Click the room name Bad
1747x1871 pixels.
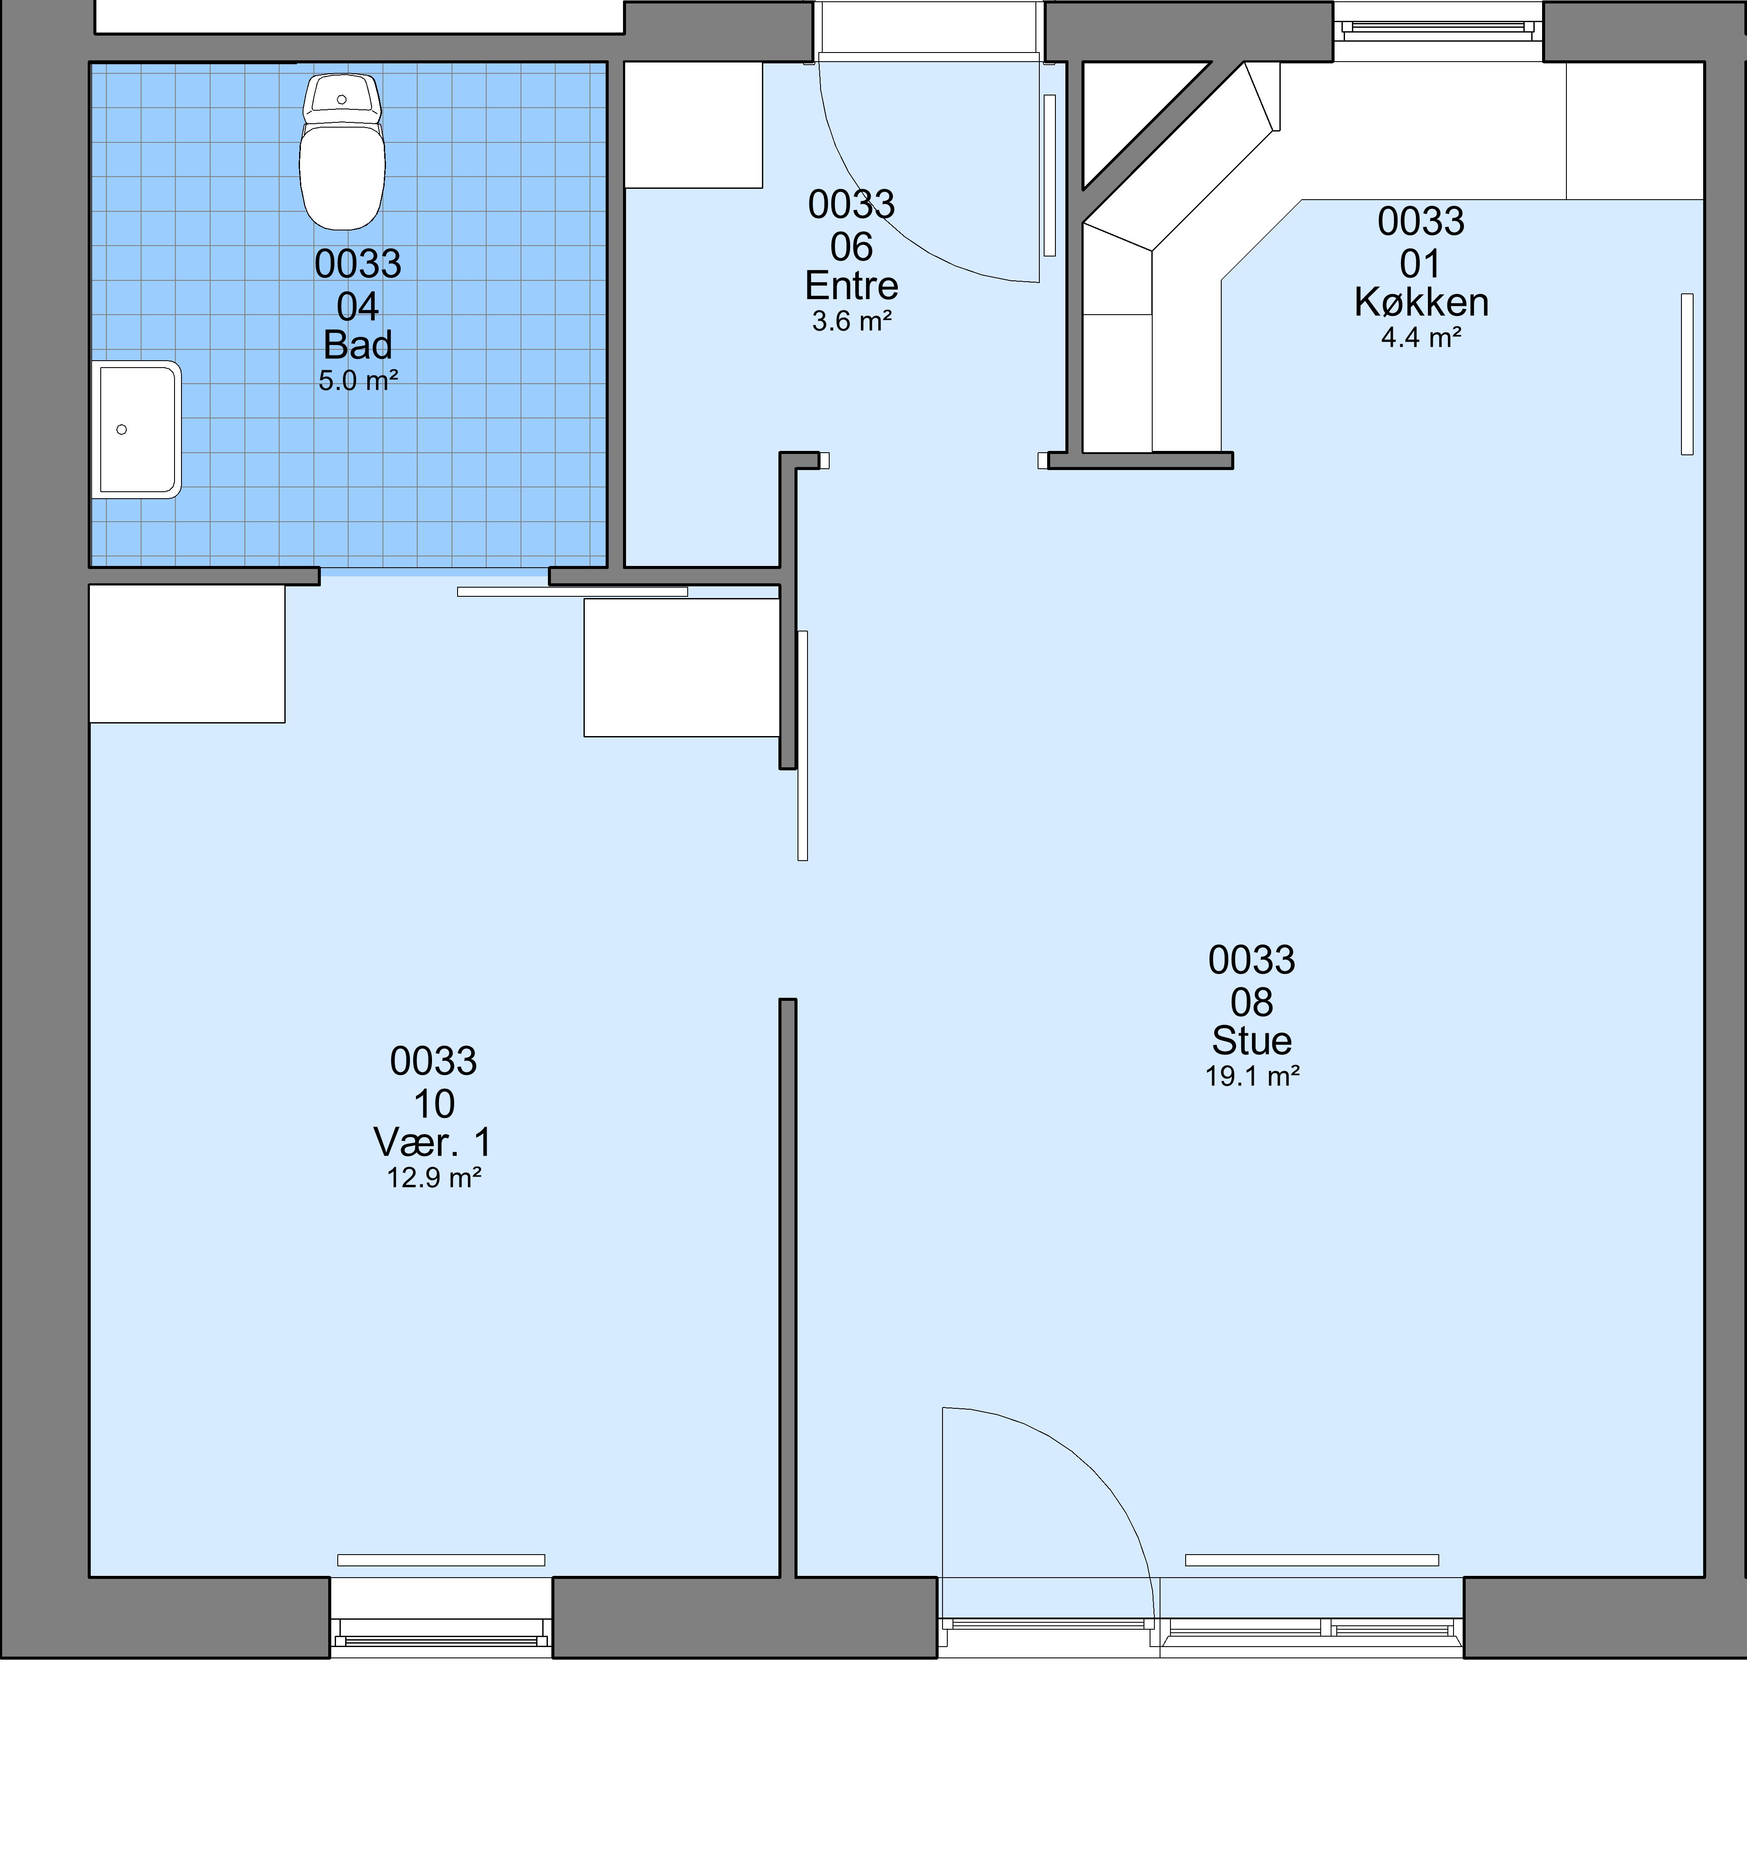coord(358,345)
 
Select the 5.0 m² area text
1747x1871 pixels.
coord(358,381)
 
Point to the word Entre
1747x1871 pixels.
coord(852,286)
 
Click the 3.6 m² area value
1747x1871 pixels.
coord(852,322)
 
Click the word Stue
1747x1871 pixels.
coord(1252,1041)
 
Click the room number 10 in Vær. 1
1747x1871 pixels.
coord(434,1104)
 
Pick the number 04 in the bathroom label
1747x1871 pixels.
coord(358,307)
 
